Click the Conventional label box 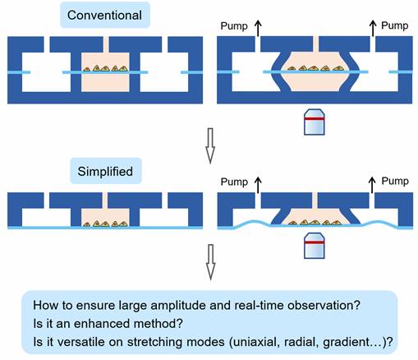(105, 15)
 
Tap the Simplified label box (106, 171)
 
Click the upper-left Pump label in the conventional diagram (234, 26)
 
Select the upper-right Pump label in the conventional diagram (395, 25)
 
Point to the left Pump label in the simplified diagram (234, 182)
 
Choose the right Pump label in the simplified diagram (395, 181)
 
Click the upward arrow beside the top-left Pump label (258, 28)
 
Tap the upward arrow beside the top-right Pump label (373, 28)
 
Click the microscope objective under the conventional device (315, 122)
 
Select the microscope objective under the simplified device (315, 246)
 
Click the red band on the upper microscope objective (315, 119)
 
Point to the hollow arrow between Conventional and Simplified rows (210, 145)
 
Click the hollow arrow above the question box (210, 262)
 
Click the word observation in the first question (324, 305)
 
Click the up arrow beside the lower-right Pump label (372, 185)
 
